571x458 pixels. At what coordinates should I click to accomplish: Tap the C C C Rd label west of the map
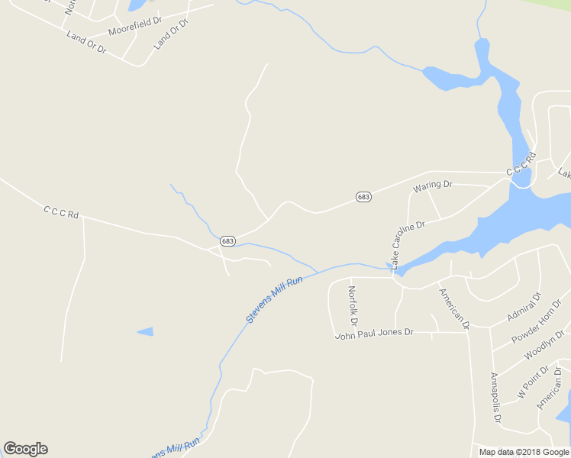pos(61,212)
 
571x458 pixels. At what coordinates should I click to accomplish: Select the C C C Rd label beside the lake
pos(521,165)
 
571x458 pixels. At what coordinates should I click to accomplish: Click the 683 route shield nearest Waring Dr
pos(363,197)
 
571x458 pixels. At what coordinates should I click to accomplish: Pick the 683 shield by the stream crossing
pos(227,240)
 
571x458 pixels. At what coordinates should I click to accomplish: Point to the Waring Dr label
pos(433,185)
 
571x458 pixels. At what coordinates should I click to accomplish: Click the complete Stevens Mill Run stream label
pos(275,299)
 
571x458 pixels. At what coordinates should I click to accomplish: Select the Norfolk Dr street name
pos(352,304)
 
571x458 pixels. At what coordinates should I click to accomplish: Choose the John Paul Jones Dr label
pos(374,333)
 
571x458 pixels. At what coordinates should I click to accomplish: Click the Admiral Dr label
pos(524,306)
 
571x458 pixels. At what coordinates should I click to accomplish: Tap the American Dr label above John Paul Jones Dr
pos(453,308)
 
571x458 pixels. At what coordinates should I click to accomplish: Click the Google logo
pos(25,449)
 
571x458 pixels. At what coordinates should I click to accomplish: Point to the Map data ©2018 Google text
pos(524,452)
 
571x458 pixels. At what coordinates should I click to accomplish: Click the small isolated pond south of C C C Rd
pos(145,331)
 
